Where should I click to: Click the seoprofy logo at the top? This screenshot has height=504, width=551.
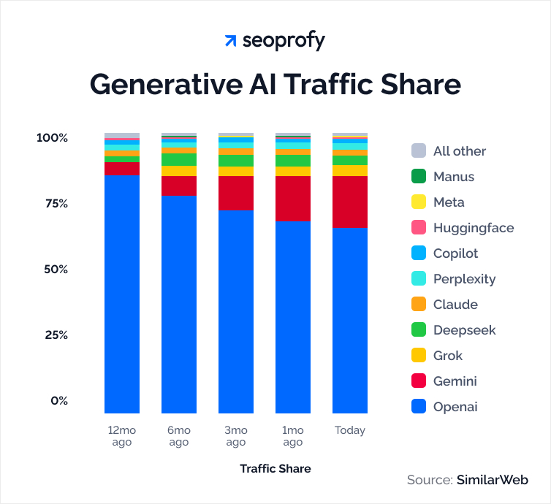coord(275,41)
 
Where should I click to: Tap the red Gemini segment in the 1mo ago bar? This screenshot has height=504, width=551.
coord(292,199)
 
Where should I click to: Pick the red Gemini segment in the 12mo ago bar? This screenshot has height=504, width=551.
coord(122,168)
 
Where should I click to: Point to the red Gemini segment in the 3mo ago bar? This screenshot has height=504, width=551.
coord(236,193)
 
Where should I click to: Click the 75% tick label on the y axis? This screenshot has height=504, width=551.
coord(52,203)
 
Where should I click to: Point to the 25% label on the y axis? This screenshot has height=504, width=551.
coord(52,335)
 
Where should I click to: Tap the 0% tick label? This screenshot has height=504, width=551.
coord(58,400)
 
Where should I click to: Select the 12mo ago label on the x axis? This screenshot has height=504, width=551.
coord(122,436)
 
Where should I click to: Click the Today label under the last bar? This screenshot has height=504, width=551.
coord(349,430)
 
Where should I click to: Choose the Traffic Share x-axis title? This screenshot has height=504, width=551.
coord(275,468)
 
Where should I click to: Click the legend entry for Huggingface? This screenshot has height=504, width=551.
coord(473,228)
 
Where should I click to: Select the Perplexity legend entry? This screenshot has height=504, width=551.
coord(464,279)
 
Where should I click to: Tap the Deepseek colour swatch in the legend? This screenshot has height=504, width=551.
coord(418,330)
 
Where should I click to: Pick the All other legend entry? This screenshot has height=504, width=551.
coord(459,151)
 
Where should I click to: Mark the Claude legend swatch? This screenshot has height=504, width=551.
coord(418,305)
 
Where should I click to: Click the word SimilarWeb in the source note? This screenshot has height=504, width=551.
coord(492,480)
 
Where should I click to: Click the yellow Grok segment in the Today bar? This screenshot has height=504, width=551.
coord(349,170)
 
